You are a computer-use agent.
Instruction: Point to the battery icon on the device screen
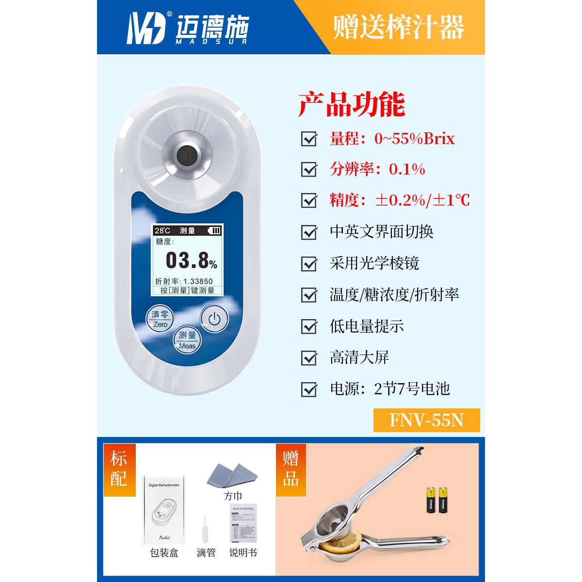click(213, 231)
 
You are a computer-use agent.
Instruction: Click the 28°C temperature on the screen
click(162, 231)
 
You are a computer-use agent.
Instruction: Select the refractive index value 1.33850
click(198, 281)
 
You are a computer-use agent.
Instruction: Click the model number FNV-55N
click(426, 420)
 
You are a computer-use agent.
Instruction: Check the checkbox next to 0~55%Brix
click(309, 139)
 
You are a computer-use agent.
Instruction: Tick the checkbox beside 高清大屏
click(309, 357)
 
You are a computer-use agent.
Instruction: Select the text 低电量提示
click(367, 326)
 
